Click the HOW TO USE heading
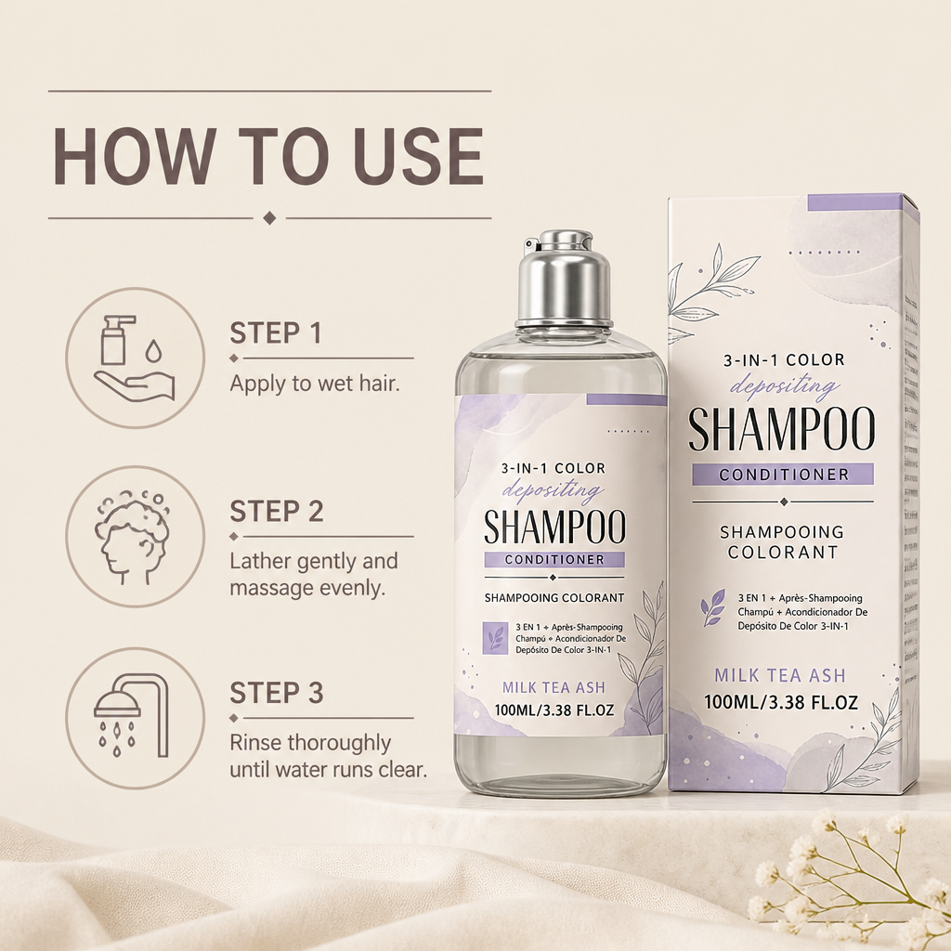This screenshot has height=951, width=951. click(268, 155)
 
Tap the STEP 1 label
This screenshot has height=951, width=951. click(275, 333)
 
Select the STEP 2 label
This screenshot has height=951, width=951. click(277, 512)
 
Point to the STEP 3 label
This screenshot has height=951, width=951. click(277, 693)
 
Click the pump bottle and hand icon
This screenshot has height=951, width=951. click(135, 358)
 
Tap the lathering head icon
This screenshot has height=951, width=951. click(132, 537)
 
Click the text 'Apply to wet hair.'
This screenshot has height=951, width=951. click(315, 384)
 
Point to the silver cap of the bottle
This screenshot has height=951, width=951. click(563, 278)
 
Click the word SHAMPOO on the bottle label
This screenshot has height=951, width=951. click(554, 528)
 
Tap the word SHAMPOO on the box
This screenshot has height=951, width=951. click(782, 428)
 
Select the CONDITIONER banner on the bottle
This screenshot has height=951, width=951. click(554, 559)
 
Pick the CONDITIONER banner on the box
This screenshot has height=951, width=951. click(783, 474)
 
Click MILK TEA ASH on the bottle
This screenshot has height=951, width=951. click(554, 687)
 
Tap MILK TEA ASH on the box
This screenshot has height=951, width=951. click(780, 675)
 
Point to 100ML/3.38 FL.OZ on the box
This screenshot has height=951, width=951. click(780, 702)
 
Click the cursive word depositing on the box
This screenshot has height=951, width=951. click(785, 385)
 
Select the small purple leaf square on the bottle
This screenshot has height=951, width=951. click(496, 638)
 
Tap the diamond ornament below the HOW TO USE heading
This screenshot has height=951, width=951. click(270, 217)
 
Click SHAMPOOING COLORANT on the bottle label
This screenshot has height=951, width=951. click(554, 598)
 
